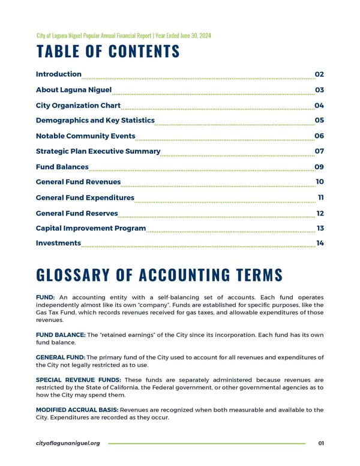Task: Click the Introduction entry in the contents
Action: coord(59,74)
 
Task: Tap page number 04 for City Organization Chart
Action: coord(319,106)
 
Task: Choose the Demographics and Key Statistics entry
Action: coord(95,121)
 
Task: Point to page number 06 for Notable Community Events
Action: coord(319,136)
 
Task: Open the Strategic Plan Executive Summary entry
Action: coord(98,151)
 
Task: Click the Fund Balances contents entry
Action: coord(62,167)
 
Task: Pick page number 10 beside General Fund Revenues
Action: coord(320,182)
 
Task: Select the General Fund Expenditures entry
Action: coord(85,198)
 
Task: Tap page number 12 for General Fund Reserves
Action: coord(320,213)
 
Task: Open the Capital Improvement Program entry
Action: coord(91,228)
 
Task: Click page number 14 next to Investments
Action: coord(320,243)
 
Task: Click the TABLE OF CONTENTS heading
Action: coord(108,52)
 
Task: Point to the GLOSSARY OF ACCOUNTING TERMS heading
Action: coord(159,275)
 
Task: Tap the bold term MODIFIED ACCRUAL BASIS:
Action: coord(77,410)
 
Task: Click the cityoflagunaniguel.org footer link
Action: coord(68,443)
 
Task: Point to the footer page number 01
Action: coord(321,443)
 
